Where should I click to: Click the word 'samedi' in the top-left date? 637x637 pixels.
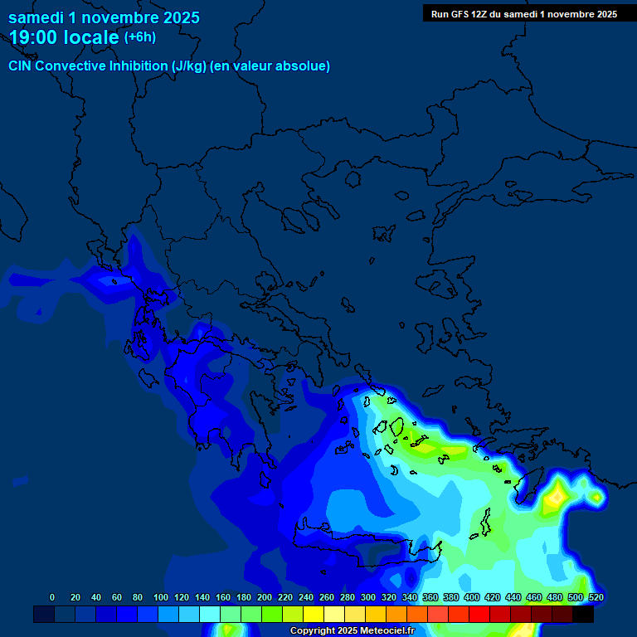pos(35,17)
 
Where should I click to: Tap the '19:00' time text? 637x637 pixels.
pos(34,37)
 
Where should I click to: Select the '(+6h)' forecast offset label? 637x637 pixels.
pos(139,37)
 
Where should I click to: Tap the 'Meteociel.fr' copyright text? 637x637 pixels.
pos(387,631)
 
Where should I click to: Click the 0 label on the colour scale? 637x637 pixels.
pos(52,597)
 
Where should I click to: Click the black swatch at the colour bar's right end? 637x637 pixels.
pos(583,615)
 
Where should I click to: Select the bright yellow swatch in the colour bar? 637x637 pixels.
pos(313,615)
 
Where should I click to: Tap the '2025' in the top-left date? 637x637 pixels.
pos(180,17)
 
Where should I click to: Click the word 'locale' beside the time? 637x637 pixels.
pos(90,37)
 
